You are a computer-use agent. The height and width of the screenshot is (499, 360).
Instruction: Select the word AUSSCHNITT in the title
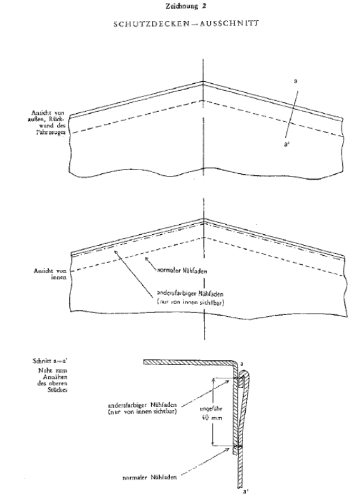point(229,23)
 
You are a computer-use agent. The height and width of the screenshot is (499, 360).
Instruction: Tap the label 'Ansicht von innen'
point(50,274)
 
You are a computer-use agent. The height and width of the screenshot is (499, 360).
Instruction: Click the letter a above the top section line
point(296,81)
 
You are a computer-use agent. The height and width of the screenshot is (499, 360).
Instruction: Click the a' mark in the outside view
point(287,145)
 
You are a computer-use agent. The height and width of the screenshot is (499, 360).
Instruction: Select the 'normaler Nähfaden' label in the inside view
point(182,271)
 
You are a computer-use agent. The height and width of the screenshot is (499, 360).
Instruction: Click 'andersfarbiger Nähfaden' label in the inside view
point(190,294)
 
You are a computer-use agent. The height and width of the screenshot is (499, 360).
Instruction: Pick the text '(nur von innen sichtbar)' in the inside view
point(190,303)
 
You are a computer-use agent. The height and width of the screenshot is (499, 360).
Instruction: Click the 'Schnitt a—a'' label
point(51,361)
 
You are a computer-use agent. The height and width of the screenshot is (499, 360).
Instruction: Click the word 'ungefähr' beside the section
point(211,409)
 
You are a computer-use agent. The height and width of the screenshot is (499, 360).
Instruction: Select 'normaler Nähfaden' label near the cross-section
point(150,477)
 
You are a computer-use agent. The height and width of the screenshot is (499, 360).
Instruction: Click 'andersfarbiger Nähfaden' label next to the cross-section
point(142,406)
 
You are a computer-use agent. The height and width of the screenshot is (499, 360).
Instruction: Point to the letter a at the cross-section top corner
point(243,363)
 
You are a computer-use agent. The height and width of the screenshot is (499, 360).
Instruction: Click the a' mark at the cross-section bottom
point(246,492)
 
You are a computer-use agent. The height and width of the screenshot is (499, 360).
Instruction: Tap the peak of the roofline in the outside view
point(203,81)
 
